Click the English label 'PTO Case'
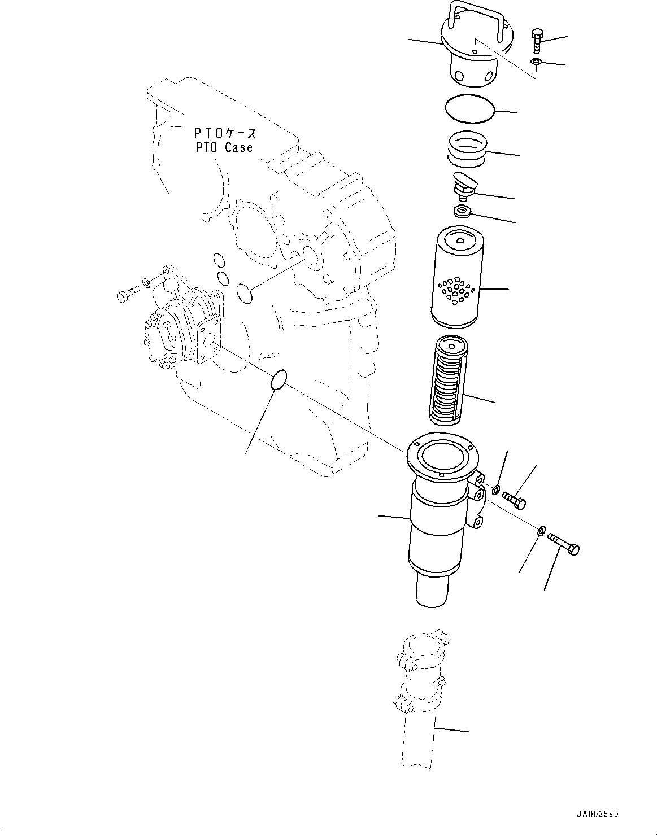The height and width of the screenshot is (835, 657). point(224,147)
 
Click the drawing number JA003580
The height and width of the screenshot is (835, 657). point(598,815)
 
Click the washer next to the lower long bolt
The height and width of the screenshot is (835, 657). point(541,531)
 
